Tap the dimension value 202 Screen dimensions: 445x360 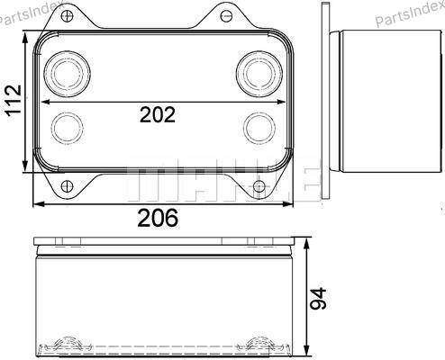[x=158, y=114]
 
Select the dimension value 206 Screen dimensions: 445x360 [x=158, y=218]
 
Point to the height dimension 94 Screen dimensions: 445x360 [x=318, y=299]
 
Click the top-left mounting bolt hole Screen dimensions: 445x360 [x=67, y=15]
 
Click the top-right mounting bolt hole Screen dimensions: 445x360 [x=226, y=15]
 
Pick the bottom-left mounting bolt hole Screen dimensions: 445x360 [x=67, y=186]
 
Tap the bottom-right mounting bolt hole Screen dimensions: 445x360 [x=259, y=186]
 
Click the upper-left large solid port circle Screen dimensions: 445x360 [x=67, y=74]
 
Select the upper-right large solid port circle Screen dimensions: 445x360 [x=259, y=74]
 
